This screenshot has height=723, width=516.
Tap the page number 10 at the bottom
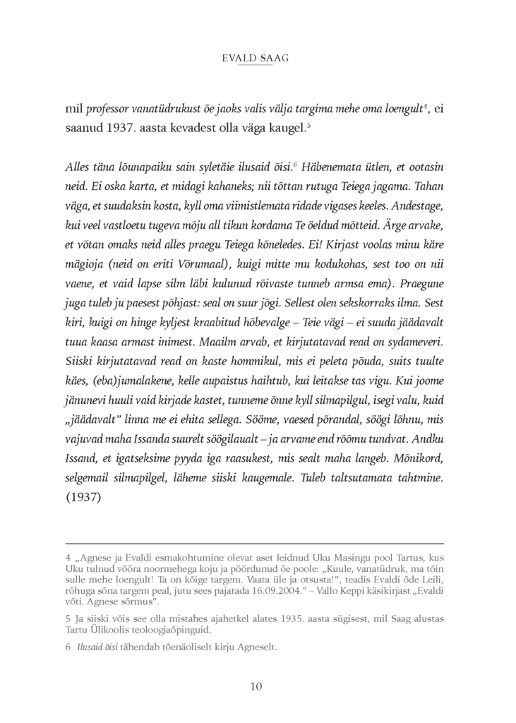pyautogui.click(x=257, y=686)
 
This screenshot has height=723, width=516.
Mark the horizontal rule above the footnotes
pyautogui.click(x=254, y=543)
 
